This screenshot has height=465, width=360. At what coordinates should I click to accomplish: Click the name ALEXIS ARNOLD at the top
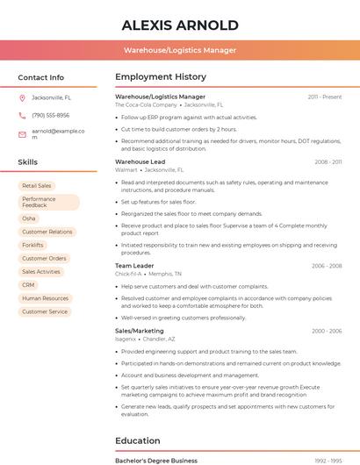coord(180,25)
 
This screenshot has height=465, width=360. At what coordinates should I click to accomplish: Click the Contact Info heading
coord(40,77)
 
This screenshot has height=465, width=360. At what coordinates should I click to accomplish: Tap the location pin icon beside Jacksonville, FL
coord(22,97)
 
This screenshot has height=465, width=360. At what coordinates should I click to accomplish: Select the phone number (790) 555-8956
coord(50,115)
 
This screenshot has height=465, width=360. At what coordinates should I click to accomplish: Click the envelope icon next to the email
coord(22,133)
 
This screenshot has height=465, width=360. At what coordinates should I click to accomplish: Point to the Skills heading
coord(28,162)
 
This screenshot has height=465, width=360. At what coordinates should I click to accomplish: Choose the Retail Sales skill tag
coord(37,186)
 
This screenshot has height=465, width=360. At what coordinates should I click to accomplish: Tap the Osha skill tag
coord(29,218)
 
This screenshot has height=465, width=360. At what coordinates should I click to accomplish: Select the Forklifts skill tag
coord(33,245)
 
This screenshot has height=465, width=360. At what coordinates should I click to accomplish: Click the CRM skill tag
coord(29,285)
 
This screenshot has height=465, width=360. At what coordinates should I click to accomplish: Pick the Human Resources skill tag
coord(45,298)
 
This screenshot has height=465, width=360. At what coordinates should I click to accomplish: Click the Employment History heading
coord(160,77)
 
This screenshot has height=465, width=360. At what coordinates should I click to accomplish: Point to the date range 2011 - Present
coord(324,97)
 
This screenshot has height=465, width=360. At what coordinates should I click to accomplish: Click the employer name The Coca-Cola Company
coord(141,104)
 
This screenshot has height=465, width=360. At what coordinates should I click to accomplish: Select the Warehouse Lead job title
coord(140,161)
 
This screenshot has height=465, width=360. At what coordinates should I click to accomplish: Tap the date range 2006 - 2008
coord(326,266)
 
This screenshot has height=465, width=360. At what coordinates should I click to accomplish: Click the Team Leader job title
coord(134,266)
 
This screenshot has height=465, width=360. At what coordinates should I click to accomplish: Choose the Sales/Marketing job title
coord(140,331)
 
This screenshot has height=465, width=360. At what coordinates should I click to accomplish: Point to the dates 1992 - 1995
coord(326,460)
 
